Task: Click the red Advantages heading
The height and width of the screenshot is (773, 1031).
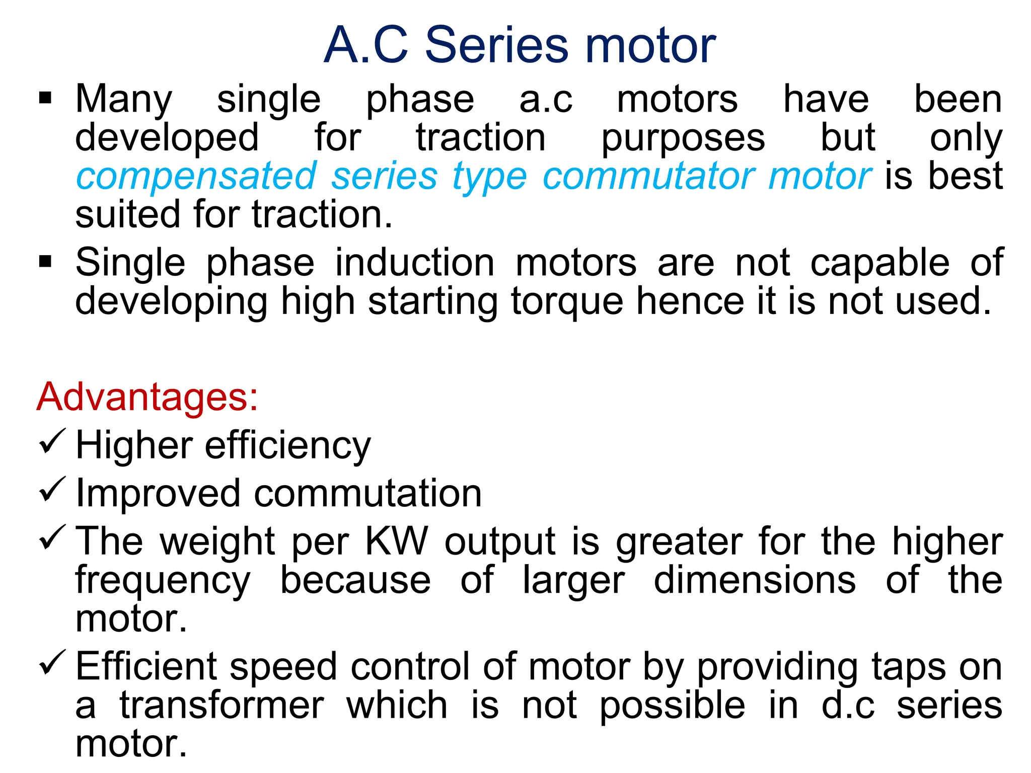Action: tap(148, 397)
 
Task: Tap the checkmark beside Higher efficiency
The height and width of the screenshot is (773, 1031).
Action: tap(52, 441)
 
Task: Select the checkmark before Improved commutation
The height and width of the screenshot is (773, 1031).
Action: tap(52, 489)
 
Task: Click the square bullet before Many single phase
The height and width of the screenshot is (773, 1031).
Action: tap(45, 97)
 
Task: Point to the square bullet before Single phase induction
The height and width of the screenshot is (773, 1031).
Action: tap(45, 261)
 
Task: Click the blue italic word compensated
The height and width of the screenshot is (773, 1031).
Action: tap(196, 177)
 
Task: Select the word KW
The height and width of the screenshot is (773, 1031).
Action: tap(397, 542)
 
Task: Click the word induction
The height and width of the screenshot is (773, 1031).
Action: tap(415, 263)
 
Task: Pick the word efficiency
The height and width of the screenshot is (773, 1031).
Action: tap(288, 446)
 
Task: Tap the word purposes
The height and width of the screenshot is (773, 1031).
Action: tap(683, 139)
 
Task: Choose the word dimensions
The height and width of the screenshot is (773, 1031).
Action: tap(755, 580)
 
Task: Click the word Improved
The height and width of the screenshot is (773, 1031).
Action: tap(158, 494)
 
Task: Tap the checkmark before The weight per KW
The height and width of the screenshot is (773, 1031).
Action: tap(52, 537)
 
